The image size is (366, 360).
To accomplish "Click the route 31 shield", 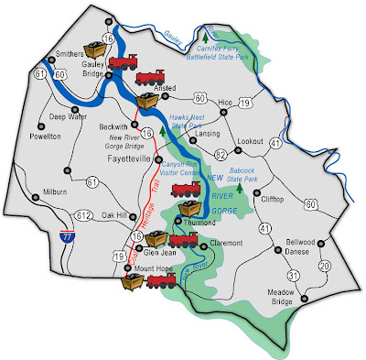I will click(x=294, y=275).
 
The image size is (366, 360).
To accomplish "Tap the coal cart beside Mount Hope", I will click(x=135, y=283).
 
